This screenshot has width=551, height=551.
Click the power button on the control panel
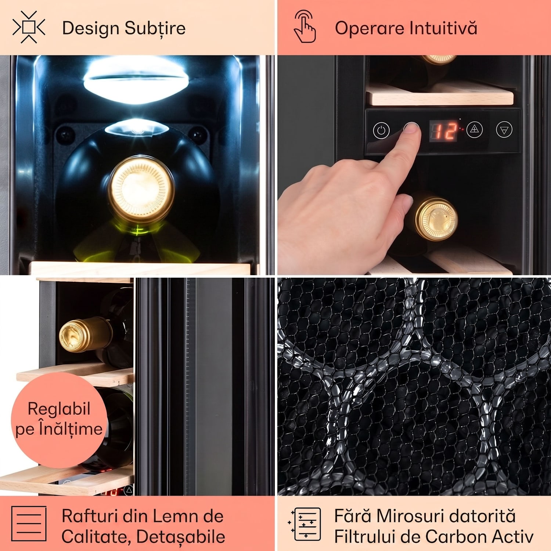381,130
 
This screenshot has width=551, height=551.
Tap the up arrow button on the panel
474,129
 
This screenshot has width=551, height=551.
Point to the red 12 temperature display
444,130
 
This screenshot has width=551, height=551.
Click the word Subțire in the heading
155,29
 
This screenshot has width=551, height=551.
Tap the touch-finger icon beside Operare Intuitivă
305,26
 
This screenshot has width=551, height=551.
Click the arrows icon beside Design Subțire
29,27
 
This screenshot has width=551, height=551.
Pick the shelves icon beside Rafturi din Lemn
29,523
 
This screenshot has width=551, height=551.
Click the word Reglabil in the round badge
59,408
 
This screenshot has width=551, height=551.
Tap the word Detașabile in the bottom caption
181,537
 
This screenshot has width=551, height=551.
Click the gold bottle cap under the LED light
141,190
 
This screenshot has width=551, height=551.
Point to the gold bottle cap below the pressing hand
436,219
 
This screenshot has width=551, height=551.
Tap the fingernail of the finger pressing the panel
412,127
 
